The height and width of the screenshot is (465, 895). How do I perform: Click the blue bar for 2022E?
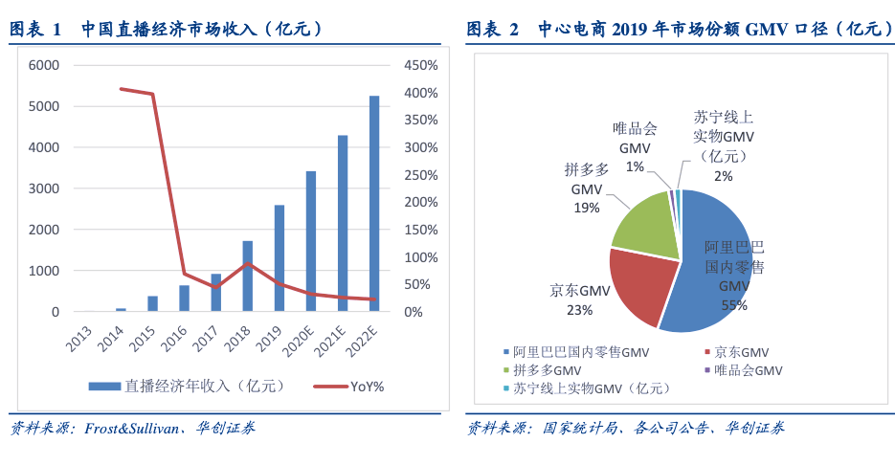(x=374, y=204)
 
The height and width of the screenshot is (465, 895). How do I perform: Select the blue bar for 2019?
(x=280, y=258)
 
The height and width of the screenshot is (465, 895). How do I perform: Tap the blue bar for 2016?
(x=185, y=299)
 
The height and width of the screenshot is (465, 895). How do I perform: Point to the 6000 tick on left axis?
(x=42, y=65)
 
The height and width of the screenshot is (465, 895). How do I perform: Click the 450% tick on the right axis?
(x=421, y=65)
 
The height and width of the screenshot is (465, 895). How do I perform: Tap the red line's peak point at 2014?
(x=122, y=89)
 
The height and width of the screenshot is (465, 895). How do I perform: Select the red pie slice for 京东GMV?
(x=646, y=282)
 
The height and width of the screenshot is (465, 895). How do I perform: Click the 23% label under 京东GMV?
(x=579, y=309)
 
